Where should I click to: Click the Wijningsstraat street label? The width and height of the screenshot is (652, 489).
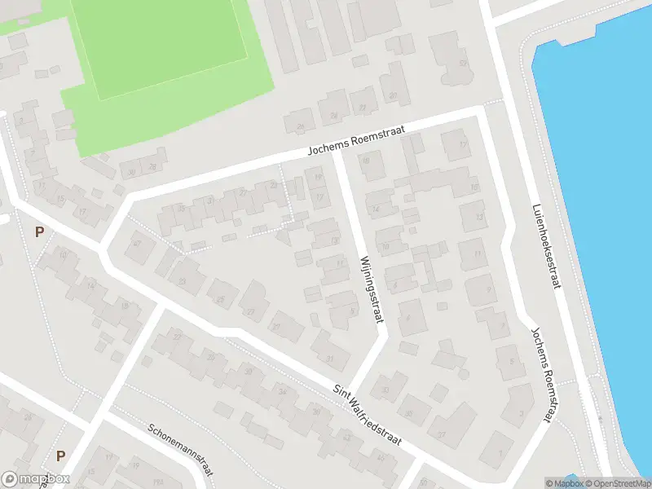371,289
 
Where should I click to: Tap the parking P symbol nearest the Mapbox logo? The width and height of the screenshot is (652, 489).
59,456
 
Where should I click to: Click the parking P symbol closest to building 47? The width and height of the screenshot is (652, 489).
39,232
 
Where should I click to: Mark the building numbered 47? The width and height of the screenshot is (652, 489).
137,244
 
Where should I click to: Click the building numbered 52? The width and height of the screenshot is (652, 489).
463,63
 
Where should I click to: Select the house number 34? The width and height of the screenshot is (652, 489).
284,392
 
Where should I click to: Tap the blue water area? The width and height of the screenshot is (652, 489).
603,204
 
